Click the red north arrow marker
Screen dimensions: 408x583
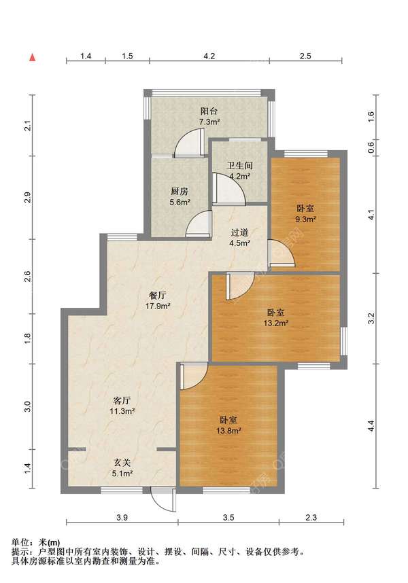pos(33,58)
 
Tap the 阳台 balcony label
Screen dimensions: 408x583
pos(209,111)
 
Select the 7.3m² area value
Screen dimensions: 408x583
pos(209,122)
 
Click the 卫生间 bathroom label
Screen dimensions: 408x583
pos(240,166)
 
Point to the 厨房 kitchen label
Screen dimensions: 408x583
pos(180,192)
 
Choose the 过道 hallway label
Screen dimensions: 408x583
pos(240,233)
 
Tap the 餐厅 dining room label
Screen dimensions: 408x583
pos(157,296)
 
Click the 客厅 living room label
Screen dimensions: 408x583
pos(122,401)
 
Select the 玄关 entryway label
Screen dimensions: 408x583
pos(122,463)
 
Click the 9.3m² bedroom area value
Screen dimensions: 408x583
pos(306,219)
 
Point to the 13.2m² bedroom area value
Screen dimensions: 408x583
pos(276,323)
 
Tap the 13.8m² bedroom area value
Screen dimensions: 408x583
pos(228,431)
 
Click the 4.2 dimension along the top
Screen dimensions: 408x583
pos(209,56)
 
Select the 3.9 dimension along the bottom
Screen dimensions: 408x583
pos(122,518)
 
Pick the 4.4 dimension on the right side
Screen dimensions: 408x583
pos(371,426)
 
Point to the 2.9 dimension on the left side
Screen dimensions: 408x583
pos(28,198)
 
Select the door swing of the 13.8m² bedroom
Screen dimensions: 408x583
pos(194,376)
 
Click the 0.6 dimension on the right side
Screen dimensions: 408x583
pos(371,148)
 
